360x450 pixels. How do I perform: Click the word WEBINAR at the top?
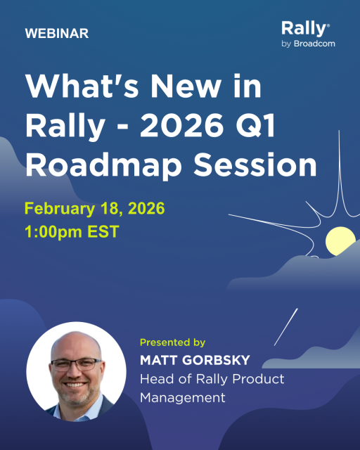pos(56,34)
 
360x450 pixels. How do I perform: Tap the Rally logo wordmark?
pos(304,29)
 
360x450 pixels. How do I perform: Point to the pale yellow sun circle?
pos(340,241)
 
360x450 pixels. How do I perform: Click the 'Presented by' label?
pos(172,343)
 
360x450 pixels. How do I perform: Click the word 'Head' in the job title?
pos(156,379)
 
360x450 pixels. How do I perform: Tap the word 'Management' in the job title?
pos(183,397)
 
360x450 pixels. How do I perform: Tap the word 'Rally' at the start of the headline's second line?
pos(62,127)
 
